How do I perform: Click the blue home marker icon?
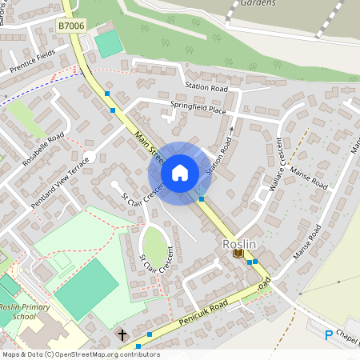(180, 172)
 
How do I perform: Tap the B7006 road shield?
(70, 26)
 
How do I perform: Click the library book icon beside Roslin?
(238, 254)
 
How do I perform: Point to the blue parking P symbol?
(327, 334)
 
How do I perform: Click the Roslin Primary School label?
(18, 310)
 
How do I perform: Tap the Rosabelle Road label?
(44, 149)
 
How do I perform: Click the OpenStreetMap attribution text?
(80, 354)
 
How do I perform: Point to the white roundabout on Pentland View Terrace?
(90, 157)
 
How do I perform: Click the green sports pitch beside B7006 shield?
(109, 44)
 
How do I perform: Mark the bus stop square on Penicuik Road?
(150, 334)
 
